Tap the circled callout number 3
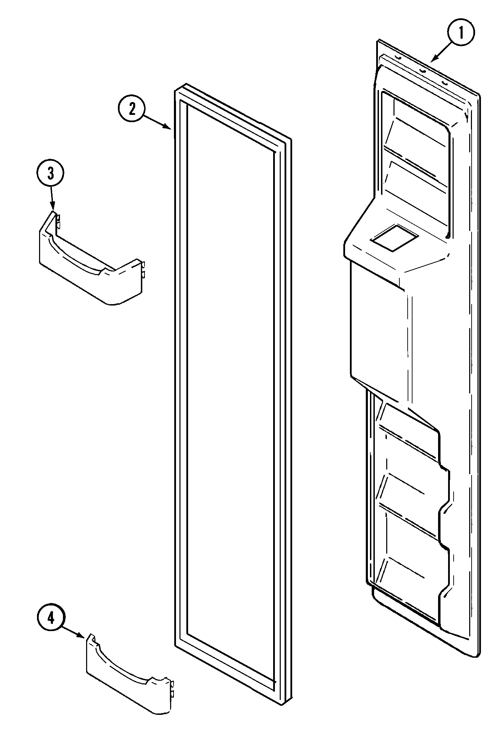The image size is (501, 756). pos(50,174)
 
